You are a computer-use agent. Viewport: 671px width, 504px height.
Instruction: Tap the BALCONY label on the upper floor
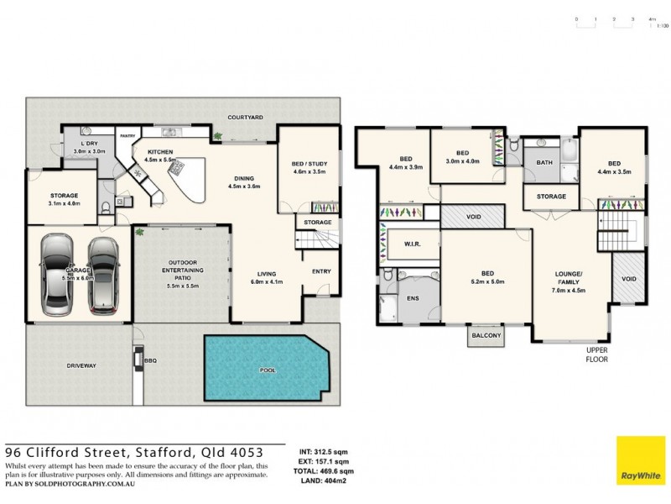pos(486,336)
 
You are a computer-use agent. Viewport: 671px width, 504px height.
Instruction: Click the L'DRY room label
pos(89,144)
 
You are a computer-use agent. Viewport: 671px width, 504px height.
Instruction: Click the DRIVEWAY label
pos(82,366)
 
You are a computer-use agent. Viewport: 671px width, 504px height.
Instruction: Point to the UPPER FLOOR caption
pos(597,354)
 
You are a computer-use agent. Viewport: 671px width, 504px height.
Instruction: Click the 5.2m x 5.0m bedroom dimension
pos(486,281)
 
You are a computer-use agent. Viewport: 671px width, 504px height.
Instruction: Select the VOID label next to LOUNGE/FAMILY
pos(629,279)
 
